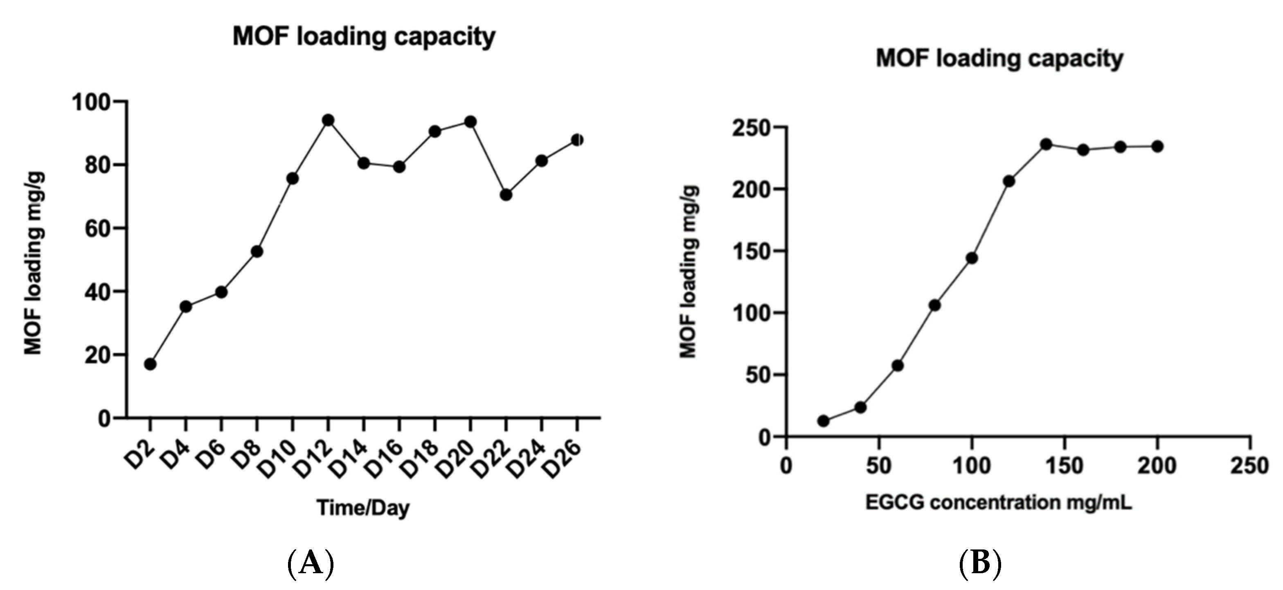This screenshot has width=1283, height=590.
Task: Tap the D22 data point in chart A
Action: (506, 195)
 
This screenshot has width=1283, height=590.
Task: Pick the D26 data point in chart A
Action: (577, 140)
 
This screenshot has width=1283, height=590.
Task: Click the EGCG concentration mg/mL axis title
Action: (998, 502)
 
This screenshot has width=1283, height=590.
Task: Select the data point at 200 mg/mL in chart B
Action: (1157, 147)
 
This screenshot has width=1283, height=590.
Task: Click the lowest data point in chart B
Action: (823, 421)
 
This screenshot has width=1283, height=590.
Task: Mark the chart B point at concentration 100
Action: (972, 258)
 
